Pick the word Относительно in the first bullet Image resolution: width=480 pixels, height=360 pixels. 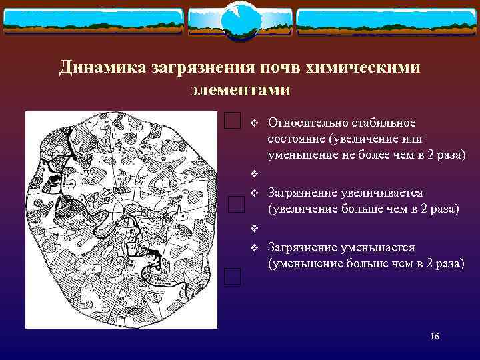304,123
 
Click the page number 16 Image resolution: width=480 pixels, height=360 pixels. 435,337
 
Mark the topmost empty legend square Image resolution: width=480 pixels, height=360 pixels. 232,121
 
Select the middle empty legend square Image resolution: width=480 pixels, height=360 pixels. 237,204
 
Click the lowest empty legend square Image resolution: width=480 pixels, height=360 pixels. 232,276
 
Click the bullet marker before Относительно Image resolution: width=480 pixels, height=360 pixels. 253,123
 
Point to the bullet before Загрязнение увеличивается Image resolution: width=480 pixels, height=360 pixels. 253,193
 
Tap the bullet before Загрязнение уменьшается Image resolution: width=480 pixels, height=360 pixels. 253,248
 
